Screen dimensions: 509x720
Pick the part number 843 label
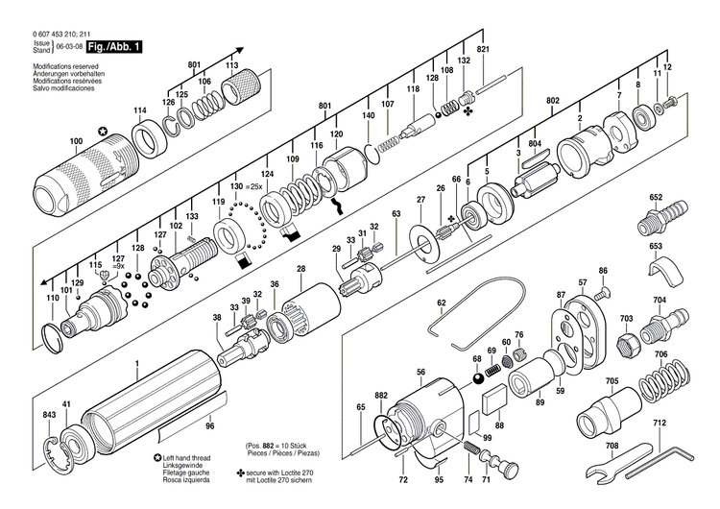point(49,414)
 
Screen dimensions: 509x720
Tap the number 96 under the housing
point(210,425)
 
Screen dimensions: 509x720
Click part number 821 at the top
point(483,50)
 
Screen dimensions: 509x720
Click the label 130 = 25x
point(248,184)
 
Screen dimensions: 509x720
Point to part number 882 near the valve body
point(381,396)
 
